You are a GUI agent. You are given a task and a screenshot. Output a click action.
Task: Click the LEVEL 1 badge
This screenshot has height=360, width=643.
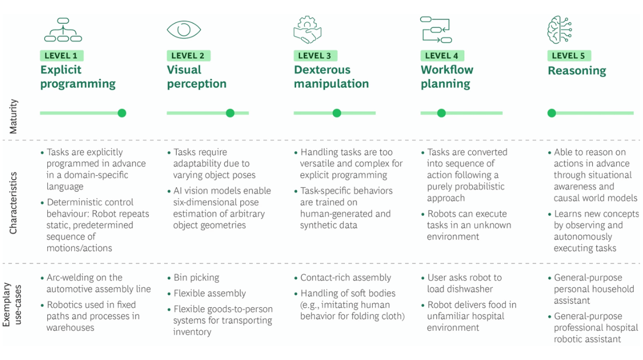point(61,56)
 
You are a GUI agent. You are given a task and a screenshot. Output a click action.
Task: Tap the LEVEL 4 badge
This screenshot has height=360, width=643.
point(442,56)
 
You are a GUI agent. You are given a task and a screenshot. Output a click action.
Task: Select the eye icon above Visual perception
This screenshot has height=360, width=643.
point(184,29)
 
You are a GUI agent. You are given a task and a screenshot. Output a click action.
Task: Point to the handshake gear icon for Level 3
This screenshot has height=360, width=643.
point(307,29)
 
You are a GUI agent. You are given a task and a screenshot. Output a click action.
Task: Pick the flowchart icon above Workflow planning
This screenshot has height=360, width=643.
point(436,29)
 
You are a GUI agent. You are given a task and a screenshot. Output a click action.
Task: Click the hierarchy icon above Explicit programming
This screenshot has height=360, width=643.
point(63,29)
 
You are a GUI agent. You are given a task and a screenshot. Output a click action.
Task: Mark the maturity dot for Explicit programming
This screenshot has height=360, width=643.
point(122,113)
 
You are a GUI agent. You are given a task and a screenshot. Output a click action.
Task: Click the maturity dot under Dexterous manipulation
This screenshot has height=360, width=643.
point(337,113)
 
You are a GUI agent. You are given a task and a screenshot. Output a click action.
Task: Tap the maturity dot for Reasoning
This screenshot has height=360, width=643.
point(552,113)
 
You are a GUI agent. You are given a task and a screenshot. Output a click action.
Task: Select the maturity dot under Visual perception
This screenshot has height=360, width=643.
point(230,113)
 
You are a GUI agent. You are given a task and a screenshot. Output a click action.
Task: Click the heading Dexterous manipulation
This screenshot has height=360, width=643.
point(331,77)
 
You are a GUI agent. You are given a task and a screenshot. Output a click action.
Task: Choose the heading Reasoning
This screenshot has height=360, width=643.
point(576,71)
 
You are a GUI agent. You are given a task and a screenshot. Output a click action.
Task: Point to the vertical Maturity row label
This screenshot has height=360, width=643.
point(14,116)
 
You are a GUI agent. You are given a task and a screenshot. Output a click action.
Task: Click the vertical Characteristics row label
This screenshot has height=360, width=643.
point(14,203)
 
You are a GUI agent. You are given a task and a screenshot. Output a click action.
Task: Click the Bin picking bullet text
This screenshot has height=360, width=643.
point(197,278)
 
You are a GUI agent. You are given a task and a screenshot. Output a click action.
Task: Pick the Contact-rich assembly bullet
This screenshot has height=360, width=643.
point(345,278)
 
